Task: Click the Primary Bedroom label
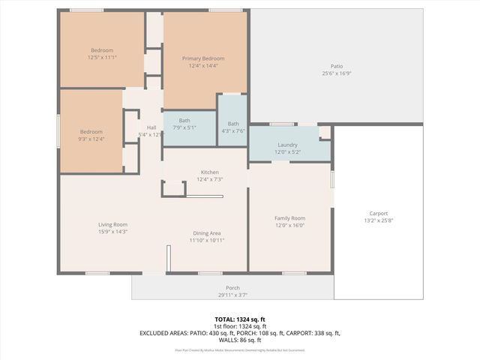pyautogui.click(x=202, y=58)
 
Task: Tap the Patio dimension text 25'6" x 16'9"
pyautogui.click(x=337, y=73)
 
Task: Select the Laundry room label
pyautogui.click(x=287, y=145)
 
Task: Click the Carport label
pyautogui.click(x=378, y=213)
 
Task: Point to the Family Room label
pyautogui.click(x=289, y=218)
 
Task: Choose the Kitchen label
pyautogui.click(x=209, y=172)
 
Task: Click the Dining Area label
pyautogui.click(x=206, y=233)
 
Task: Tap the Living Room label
pyautogui.click(x=112, y=225)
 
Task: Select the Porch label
pyautogui.click(x=232, y=288)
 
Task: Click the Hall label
pyautogui.click(x=151, y=127)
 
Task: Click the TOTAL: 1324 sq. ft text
pyautogui.click(x=240, y=319)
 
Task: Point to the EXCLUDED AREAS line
pyautogui.click(x=240, y=333)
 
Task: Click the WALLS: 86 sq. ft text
pyautogui.click(x=240, y=340)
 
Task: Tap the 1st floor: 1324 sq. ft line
pyautogui.click(x=240, y=326)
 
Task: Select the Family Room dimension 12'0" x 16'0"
pyautogui.click(x=289, y=225)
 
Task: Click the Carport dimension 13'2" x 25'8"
pyautogui.click(x=378, y=220)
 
